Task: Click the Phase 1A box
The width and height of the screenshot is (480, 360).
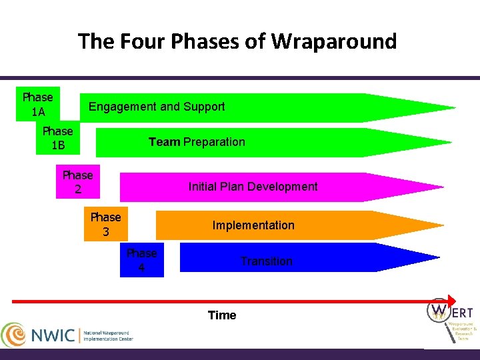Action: click(x=37, y=105)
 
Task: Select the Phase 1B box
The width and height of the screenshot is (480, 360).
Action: click(x=57, y=138)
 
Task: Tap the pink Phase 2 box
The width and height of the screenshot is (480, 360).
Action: click(x=78, y=182)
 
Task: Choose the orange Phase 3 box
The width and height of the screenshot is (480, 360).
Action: click(x=106, y=225)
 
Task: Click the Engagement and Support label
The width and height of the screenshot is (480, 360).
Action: click(x=157, y=107)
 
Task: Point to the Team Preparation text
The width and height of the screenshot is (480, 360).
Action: click(x=197, y=142)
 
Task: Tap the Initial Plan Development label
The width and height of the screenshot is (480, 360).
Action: click(x=253, y=187)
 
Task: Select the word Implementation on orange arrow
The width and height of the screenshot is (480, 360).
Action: click(x=253, y=225)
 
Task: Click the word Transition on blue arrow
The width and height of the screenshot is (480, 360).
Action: click(x=266, y=261)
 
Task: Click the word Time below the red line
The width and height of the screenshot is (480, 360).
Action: click(x=222, y=315)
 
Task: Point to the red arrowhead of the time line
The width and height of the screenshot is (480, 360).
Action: click(x=451, y=301)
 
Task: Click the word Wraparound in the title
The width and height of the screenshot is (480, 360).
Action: click(x=334, y=41)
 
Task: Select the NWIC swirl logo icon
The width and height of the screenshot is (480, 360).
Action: click(x=14, y=335)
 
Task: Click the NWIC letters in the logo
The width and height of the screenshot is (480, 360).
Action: click(x=53, y=335)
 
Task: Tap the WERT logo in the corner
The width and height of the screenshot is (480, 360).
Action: click(x=451, y=319)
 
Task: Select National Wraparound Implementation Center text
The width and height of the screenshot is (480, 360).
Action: click(x=107, y=335)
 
